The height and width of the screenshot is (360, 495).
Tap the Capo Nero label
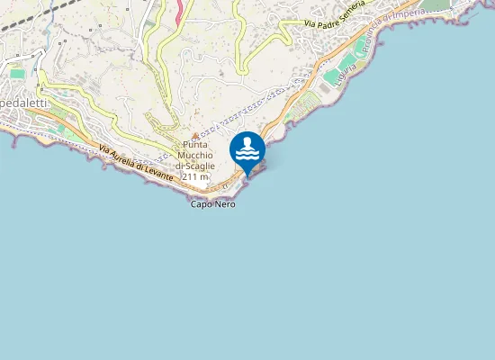(213, 205)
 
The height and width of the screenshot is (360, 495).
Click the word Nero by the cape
(225, 205)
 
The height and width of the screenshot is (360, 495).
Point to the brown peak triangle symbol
(194, 135)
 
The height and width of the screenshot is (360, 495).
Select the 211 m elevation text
(195, 177)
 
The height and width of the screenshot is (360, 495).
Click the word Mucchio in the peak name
(195, 155)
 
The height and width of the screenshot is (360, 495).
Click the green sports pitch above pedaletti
(17, 72)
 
